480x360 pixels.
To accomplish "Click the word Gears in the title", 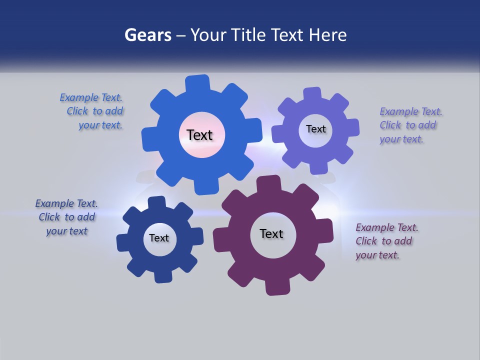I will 148,35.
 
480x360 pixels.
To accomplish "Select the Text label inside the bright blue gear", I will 199,135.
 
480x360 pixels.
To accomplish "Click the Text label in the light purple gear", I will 315,129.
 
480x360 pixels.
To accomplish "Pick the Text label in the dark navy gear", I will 159,238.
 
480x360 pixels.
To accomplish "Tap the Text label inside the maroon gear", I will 271,233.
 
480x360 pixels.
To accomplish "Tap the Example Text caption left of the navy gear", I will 66,217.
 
